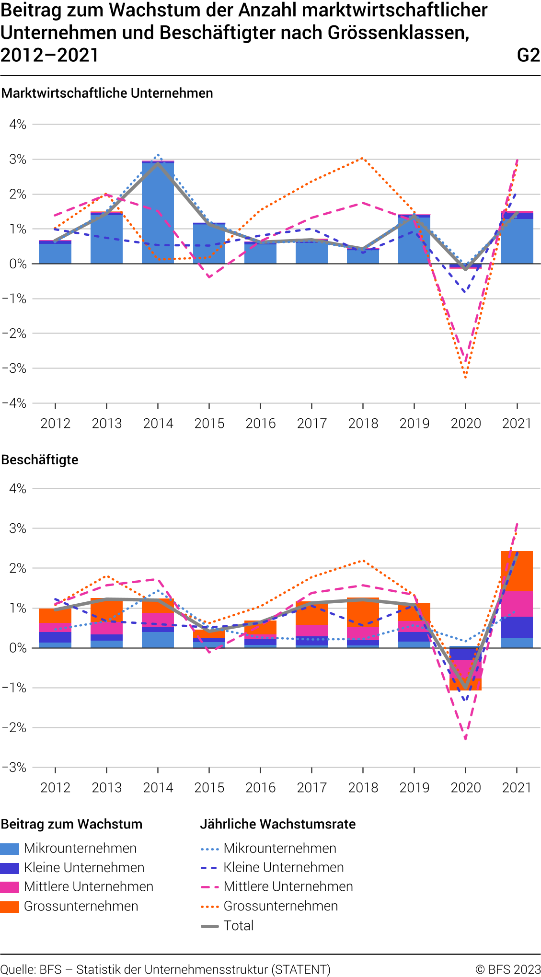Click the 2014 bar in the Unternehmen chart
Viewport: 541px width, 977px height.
[x=158, y=213]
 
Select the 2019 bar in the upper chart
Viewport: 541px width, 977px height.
[x=414, y=240]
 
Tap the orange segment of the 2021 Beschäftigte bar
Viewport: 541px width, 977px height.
[x=517, y=571]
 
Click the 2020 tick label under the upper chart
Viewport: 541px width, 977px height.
[x=466, y=424]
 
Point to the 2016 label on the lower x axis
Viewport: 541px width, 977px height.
[x=261, y=788]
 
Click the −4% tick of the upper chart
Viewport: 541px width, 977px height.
[x=14, y=403]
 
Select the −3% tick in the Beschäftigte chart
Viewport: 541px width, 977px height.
[x=14, y=768]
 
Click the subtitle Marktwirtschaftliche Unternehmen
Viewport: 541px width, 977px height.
[x=107, y=93]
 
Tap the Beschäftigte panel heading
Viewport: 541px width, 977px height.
[x=40, y=460]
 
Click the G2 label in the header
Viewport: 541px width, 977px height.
[x=528, y=56]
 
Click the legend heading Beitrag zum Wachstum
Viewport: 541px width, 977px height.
[x=72, y=824]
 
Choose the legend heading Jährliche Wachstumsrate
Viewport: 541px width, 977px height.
[x=278, y=824]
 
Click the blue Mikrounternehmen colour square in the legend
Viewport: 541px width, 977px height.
[x=10, y=849]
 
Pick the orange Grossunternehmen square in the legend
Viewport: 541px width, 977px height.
[x=10, y=907]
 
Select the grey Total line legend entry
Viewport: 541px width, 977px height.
[x=210, y=926]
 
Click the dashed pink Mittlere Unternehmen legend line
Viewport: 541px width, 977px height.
[x=210, y=887]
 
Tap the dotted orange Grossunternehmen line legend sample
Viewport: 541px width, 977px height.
[x=210, y=907]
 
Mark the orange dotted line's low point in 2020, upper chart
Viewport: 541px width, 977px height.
[x=465, y=378]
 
